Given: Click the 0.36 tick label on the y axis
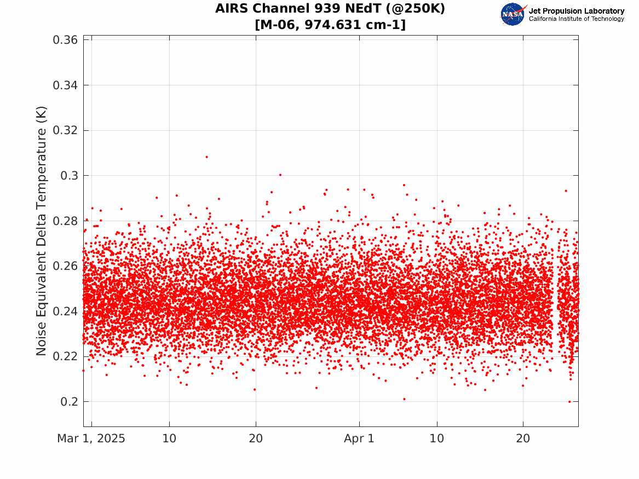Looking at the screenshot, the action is tap(65, 40).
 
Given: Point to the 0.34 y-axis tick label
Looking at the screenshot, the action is tap(65, 85).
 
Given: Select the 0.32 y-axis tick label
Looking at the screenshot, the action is tap(65, 130).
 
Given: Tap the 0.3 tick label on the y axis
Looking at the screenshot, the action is tap(69, 176).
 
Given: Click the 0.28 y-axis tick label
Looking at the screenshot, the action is tap(65, 221).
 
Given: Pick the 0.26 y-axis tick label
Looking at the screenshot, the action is tap(65, 266).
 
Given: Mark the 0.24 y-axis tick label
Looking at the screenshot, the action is tap(65, 311).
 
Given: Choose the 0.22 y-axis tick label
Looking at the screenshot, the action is tap(65, 356).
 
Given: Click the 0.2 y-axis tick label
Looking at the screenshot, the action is tap(69, 402).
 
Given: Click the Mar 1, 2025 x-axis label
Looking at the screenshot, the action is tap(91, 438).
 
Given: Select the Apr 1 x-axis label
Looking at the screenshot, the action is tap(359, 438).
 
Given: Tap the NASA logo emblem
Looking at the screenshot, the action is tap(514, 14).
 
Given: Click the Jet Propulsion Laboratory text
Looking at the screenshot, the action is tap(576, 11).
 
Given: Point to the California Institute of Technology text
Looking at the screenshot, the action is tap(576, 19).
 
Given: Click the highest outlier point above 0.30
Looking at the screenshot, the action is tap(206, 157).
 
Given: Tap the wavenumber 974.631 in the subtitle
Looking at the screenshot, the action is tap(332, 25).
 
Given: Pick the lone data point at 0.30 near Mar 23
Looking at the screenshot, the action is tap(280, 175).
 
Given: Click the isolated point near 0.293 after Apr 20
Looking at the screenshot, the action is tap(566, 191).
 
